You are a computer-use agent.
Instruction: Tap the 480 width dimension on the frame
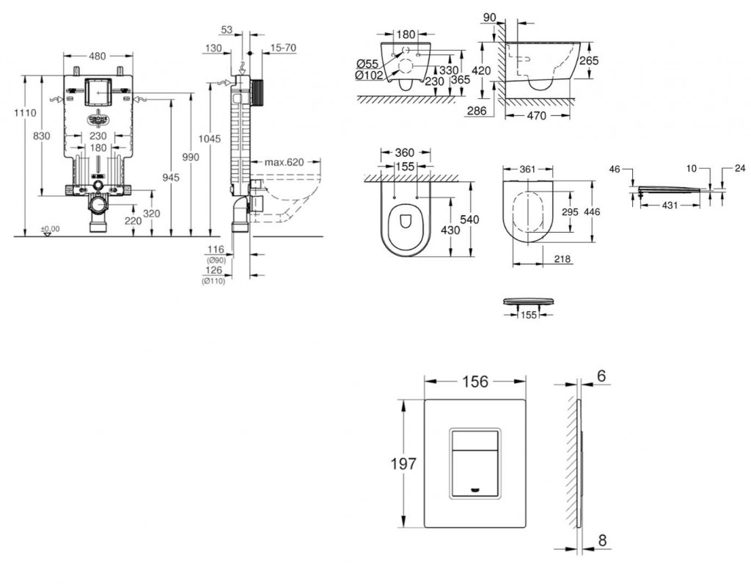(x=98, y=55)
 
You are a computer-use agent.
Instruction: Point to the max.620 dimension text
(x=285, y=161)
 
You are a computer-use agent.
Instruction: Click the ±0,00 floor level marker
(x=49, y=229)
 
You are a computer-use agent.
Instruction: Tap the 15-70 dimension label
(x=283, y=48)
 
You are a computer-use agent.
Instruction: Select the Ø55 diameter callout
(x=367, y=63)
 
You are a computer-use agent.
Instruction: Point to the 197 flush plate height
(x=404, y=464)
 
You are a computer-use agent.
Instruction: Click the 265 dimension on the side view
(x=589, y=60)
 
